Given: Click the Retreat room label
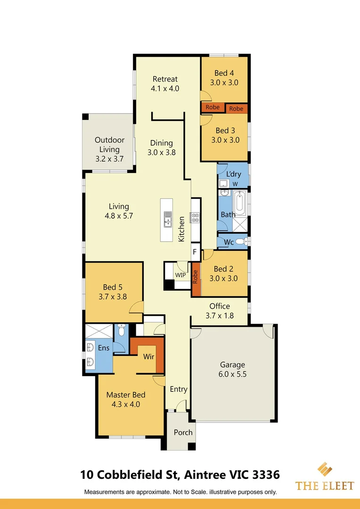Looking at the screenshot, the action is (165, 79).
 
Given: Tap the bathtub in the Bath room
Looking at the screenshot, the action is (240, 204).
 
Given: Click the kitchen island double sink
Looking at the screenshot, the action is (168, 220).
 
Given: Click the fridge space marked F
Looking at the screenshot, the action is (195, 252).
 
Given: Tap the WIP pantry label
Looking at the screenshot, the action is (180, 275).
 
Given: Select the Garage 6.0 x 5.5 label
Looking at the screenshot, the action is (232, 369).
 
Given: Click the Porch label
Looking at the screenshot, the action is (183, 432).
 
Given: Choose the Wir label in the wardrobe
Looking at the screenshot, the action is (149, 356).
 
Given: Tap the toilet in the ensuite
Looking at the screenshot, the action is (121, 330).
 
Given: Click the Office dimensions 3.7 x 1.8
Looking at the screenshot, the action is (220, 315).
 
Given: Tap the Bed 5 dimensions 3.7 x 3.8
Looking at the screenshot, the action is (113, 296).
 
